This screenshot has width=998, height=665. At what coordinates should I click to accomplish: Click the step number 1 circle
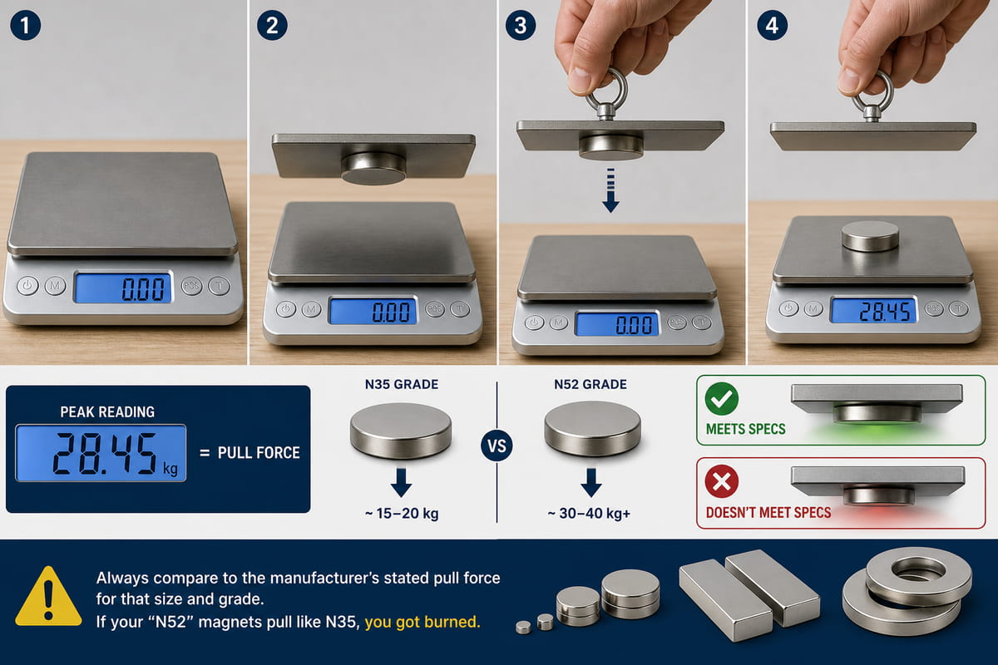25,26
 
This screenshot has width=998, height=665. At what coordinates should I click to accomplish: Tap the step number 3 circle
521,26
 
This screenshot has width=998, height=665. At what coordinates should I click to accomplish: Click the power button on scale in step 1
27,285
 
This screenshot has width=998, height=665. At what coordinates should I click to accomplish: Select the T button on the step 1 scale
220,286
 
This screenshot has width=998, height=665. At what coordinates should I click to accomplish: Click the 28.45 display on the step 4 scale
874,311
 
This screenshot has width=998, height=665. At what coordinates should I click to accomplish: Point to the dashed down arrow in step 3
610,190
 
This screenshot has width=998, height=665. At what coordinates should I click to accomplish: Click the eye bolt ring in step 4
872,92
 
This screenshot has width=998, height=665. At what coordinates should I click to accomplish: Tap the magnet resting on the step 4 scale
870,235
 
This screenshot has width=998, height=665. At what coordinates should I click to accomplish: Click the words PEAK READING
107,412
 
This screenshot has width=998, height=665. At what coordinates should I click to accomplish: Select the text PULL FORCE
259,453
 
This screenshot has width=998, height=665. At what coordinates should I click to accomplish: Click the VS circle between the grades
497,446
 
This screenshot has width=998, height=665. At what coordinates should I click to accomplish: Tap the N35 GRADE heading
402,384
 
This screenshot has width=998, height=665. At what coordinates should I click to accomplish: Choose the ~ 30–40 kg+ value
589,514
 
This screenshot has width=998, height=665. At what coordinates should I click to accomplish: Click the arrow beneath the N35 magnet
401,482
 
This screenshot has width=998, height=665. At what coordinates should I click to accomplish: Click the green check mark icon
722,399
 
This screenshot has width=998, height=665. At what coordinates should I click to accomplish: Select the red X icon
722,481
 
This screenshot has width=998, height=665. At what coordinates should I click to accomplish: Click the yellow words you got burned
422,622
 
